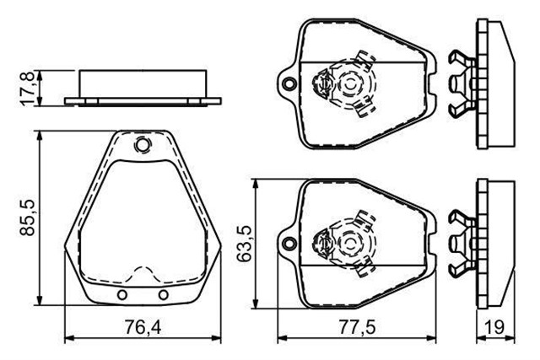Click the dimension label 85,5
(29, 218)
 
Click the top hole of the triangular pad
(142, 147)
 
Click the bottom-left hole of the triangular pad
(123, 294)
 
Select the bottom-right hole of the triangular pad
(164, 294)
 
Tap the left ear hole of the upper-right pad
(289, 84)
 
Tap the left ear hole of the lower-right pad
(289, 245)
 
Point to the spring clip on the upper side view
(461, 82)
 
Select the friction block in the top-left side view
(143, 83)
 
